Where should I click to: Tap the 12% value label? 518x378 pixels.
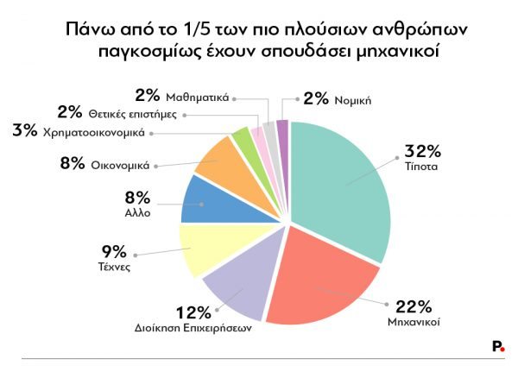tap(193, 312)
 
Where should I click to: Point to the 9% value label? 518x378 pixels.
tap(114, 252)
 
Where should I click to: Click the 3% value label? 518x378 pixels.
tap(25, 132)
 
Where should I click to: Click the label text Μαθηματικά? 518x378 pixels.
tap(197, 98)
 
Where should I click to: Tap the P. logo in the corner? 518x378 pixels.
tap(498, 345)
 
